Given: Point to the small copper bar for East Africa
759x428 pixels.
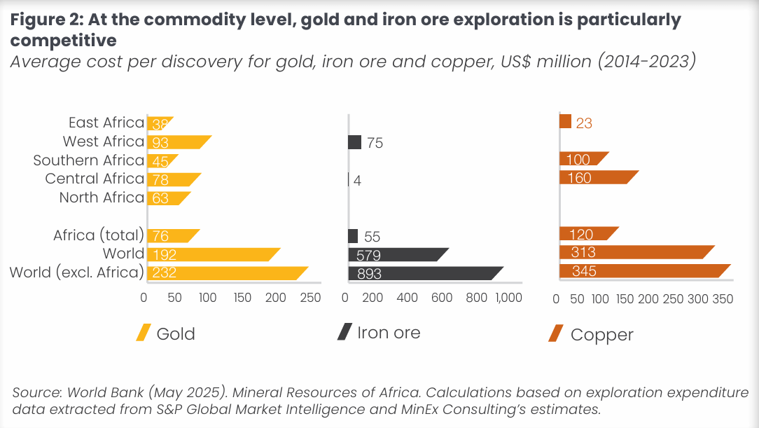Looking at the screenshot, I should click(566, 122).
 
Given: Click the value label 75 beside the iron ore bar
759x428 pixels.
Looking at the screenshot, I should click(375, 143).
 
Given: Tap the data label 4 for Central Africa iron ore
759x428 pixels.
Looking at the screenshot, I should click(357, 180).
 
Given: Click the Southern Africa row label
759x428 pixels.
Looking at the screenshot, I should click(89, 160).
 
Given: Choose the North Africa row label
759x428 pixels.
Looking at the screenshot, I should click(102, 198).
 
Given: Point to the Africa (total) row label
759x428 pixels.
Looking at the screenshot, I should click(99, 235).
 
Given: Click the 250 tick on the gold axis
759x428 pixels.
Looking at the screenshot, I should click(309, 298).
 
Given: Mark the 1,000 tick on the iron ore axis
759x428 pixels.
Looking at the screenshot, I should click(508, 298).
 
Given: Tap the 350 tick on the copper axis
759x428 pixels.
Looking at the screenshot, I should click(723, 299).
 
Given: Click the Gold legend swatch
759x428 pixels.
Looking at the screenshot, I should click(143, 333).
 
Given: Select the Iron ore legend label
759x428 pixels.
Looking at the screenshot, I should click(389, 333).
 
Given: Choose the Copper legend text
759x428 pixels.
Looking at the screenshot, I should click(601, 335).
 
